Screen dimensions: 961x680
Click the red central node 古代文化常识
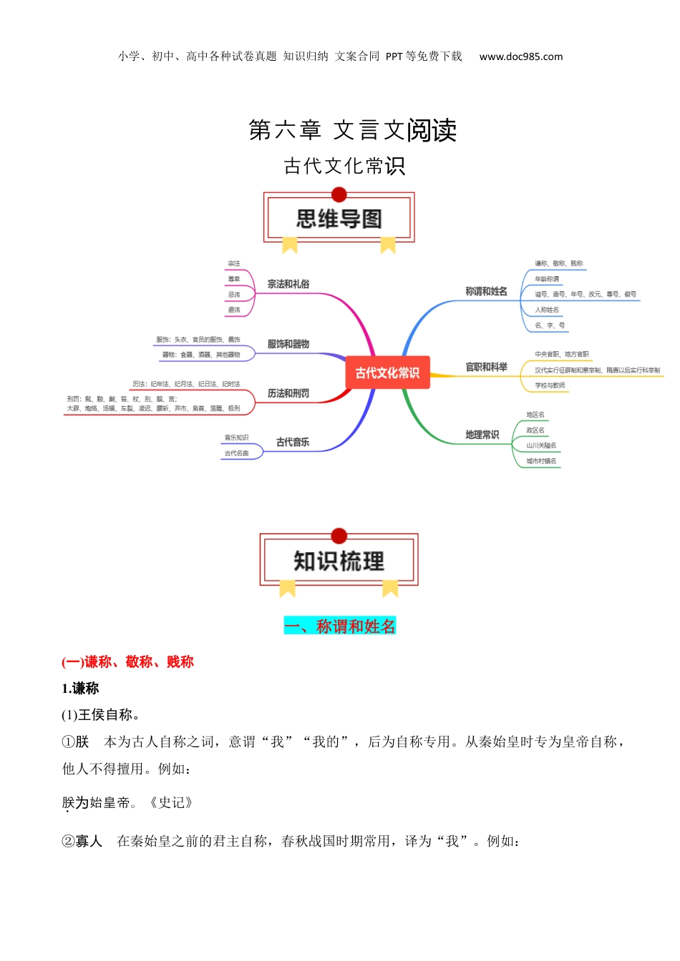coord(387,373)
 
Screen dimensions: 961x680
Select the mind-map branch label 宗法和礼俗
coord(288,284)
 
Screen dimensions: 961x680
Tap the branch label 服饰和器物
coord(288,344)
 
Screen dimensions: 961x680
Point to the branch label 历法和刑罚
coord(288,393)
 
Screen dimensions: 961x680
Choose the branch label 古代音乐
coord(293,442)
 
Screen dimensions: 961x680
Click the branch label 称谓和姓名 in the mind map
coord(486,291)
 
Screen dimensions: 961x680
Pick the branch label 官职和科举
coord(486,367)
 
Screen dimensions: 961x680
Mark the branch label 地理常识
coord(482,435)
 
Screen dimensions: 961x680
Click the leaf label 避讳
coord(234,310)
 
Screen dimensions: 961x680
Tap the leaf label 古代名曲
coord(236,453)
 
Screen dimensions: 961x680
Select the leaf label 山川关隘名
coord(541,445)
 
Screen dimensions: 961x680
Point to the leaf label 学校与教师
coord(550,385)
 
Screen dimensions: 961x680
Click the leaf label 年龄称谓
coord(547,279)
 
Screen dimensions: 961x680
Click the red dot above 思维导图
coord(339,194)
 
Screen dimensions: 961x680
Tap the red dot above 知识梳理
coord(339,536)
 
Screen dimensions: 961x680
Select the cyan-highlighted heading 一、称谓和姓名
coord(340,626)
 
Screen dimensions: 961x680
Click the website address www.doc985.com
coord(521,56)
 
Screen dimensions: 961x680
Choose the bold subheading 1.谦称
coord(80,689)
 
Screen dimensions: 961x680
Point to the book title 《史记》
coord(170,802)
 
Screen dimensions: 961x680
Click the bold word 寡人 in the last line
coord(89,841)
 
